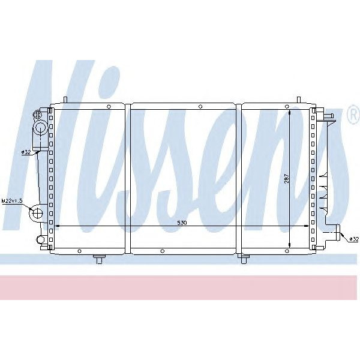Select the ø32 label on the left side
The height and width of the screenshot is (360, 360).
coord(26,152)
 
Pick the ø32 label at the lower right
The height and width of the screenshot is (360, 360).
coord(353,239)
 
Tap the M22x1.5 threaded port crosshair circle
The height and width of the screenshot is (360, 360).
coord(37,212)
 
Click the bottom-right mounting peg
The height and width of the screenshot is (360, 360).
coord(244,259)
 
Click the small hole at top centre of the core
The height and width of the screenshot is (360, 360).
coord(199,107)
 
